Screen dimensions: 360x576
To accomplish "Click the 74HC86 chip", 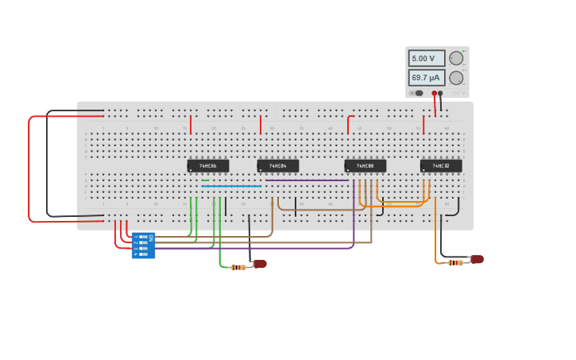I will tap(208, 165).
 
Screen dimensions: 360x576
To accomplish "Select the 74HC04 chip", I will tap(278, 165).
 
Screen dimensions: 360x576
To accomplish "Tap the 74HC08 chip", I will tap(365, 165).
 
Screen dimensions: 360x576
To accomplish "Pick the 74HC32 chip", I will tap(441, 165).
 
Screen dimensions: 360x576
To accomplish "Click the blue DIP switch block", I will tap(143, 245).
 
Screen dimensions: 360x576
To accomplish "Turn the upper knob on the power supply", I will tap(456, 58).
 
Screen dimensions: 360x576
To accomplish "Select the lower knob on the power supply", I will tap(456, 78).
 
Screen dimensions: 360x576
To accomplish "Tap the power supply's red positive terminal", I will tap(434, 93).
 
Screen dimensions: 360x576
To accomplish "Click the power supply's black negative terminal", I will tap(440, 93).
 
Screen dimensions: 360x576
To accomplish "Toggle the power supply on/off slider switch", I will tap(417, 93).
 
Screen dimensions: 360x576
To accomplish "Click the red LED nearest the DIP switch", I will tap(260, 264).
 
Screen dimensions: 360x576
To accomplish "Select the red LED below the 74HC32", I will tap(477, 259).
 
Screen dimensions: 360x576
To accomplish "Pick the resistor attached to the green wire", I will tap(238, 267).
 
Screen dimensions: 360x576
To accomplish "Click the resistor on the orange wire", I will tap(454, 262).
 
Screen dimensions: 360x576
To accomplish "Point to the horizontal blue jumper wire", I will tap(231, 186).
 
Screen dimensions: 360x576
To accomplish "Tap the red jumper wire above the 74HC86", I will tap(191, 125).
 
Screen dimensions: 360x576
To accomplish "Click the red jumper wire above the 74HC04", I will tap(261, 125).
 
